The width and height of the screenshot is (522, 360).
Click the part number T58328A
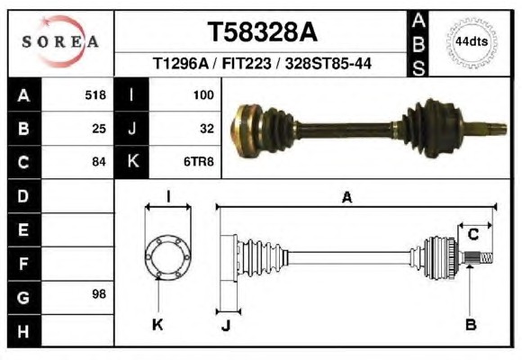[x=262, y=32]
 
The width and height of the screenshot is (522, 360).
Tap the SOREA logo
[x=60, y=41]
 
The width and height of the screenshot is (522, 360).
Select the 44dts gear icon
[x=472, y=42]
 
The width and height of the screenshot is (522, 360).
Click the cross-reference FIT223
[x=247, y=63]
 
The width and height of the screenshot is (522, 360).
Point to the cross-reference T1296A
[x=180, y=63]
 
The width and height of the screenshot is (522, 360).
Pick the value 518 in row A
[x=95, y=95]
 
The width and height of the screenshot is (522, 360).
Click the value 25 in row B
[x=99, y=129]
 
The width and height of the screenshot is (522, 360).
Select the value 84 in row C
[x=99, y=162]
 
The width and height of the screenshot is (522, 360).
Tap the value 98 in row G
[x=99, y=294]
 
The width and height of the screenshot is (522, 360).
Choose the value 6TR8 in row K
[x=199, y=162]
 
